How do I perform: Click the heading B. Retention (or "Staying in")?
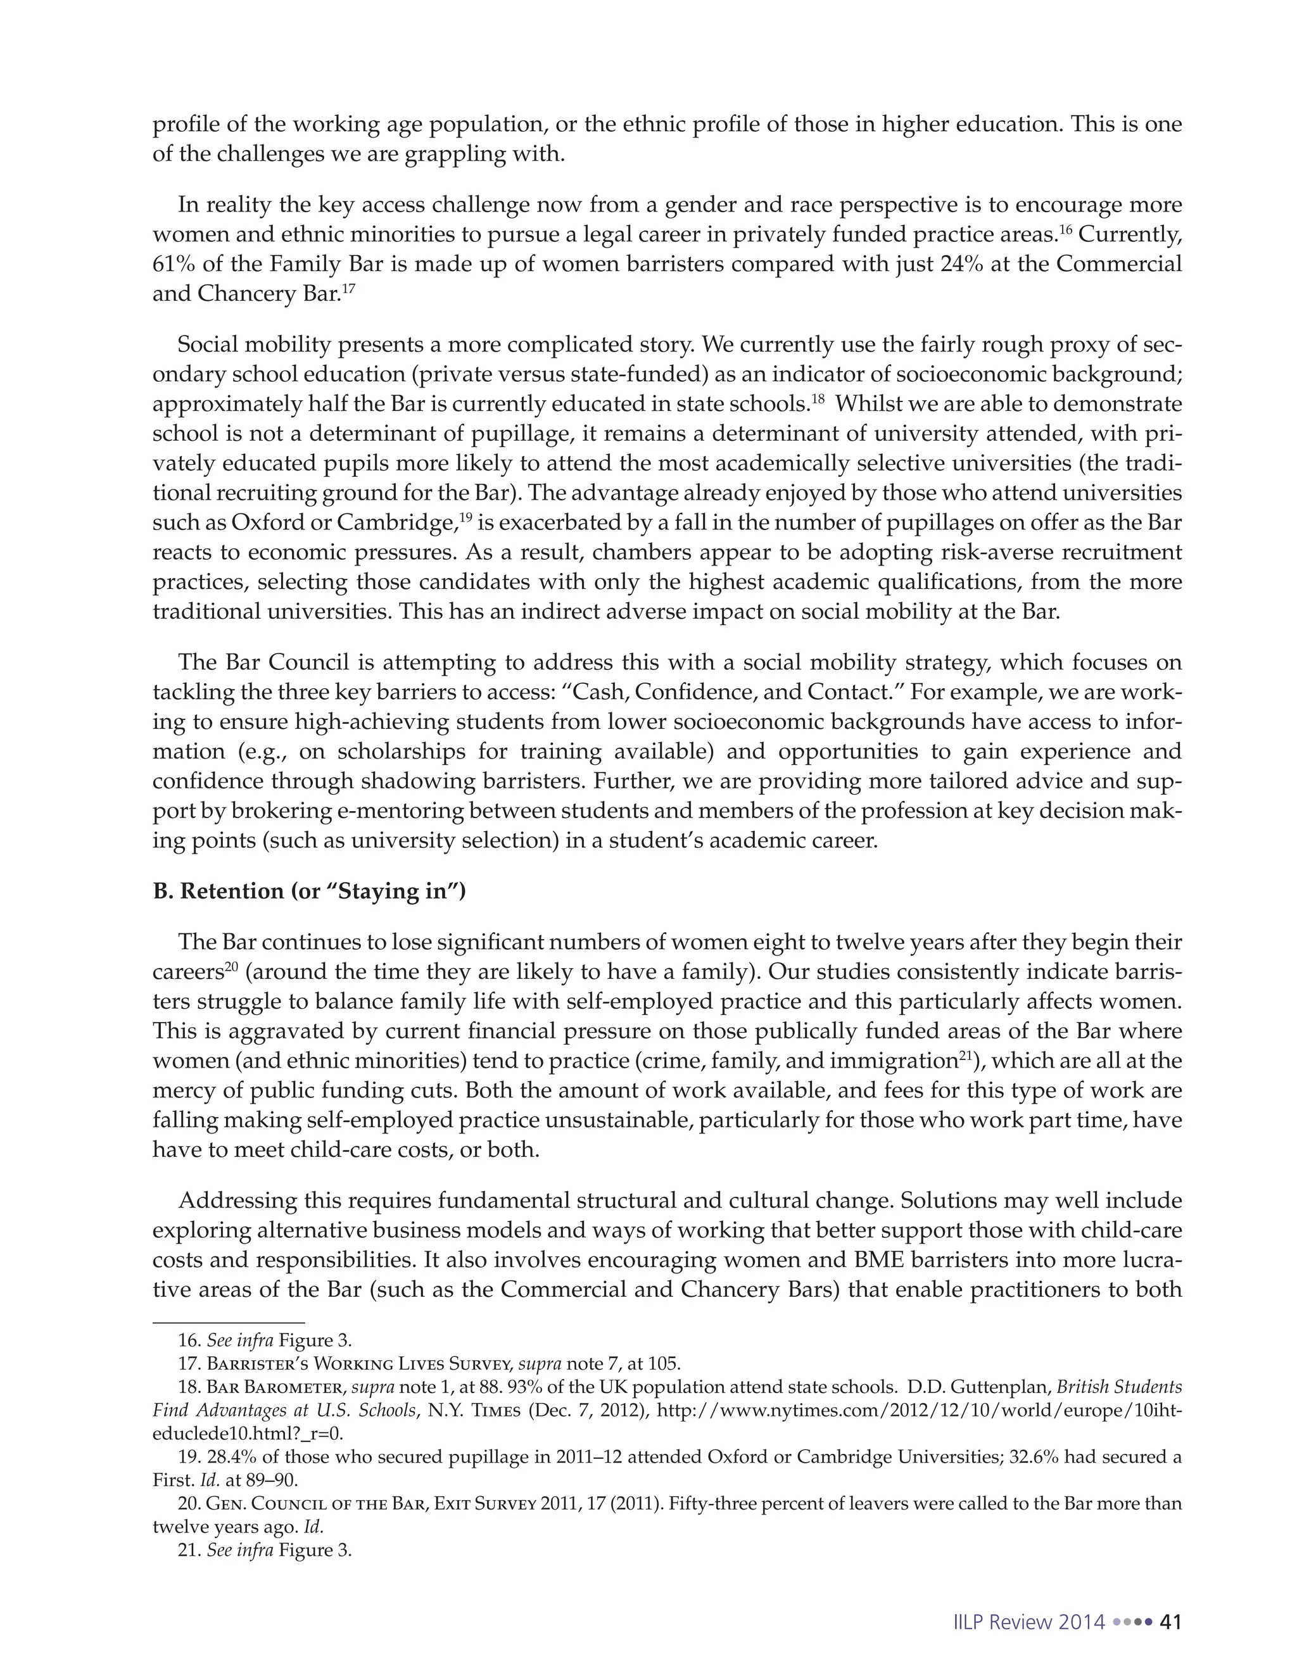309,892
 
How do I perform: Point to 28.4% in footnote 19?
231,1457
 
